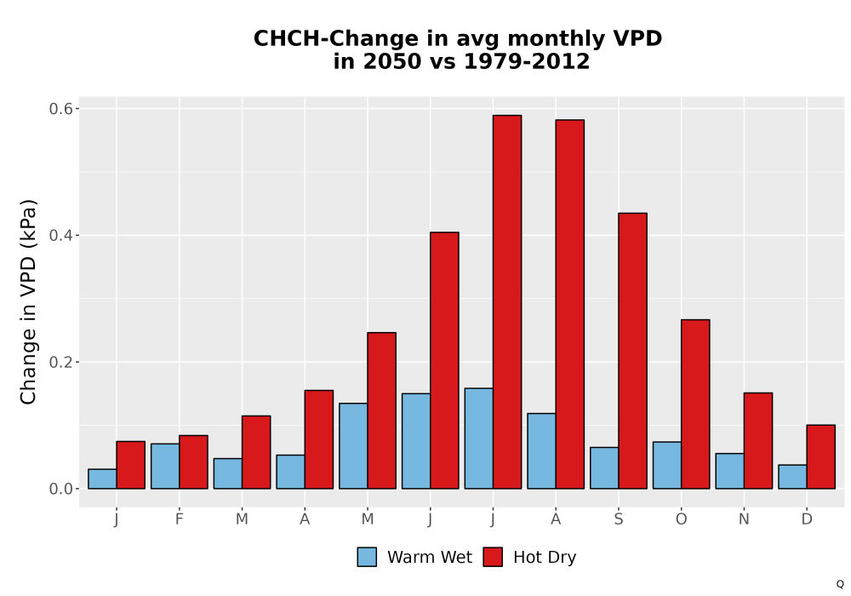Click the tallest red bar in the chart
click(507, 301)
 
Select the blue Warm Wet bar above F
click(165, 467)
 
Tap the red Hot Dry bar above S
click(632, 351)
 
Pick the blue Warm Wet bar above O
click(667, 465)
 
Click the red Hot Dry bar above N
click(758, 441)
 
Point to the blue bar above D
click(792, 477)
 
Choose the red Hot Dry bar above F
click(193, 462)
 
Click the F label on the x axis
click(179, 519)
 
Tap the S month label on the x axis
click(618, 519)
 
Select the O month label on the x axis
click(681, 519)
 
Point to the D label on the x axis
click(807, 519)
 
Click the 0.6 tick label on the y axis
click(60, 109)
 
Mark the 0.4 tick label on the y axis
click(60, 235)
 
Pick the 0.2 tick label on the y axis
click(60, 362)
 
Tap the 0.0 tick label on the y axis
click(60, 489)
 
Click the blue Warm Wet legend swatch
click(367, 557)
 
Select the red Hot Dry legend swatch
click(493, 557)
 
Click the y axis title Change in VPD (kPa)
click(28, 302)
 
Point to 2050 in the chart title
click(391, 61)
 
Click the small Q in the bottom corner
click(840, 584)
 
